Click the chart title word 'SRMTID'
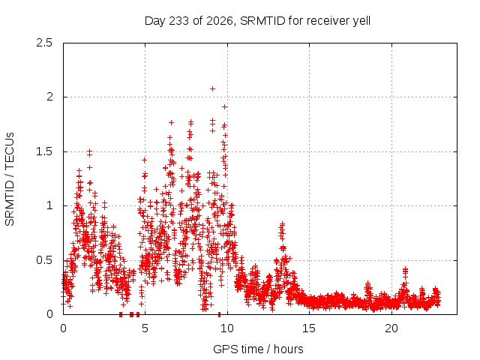(x=262, y=21)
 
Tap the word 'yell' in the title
(x=361, y=22)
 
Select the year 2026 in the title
(x=220, y=21)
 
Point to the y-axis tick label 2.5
(x=44, y=43)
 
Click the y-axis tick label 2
(x=49, y=97)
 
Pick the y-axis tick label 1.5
(x=44, y=151)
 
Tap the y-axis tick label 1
(x=50, y=205)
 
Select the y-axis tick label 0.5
(x=44, y=260)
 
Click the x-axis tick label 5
(x=145, y=328)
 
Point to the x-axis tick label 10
(x=226, y=328)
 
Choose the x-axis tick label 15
(x=309, y=328)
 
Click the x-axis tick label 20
(x=391, y=328)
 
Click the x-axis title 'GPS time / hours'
(x=258, y=349)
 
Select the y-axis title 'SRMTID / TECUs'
(x=10, y=179)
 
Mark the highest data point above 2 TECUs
(x=212, y=88)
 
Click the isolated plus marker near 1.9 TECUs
(x=225, y=106)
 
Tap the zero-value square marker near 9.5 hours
(x=219, y=314)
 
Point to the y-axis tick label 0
(x=49, y=314)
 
